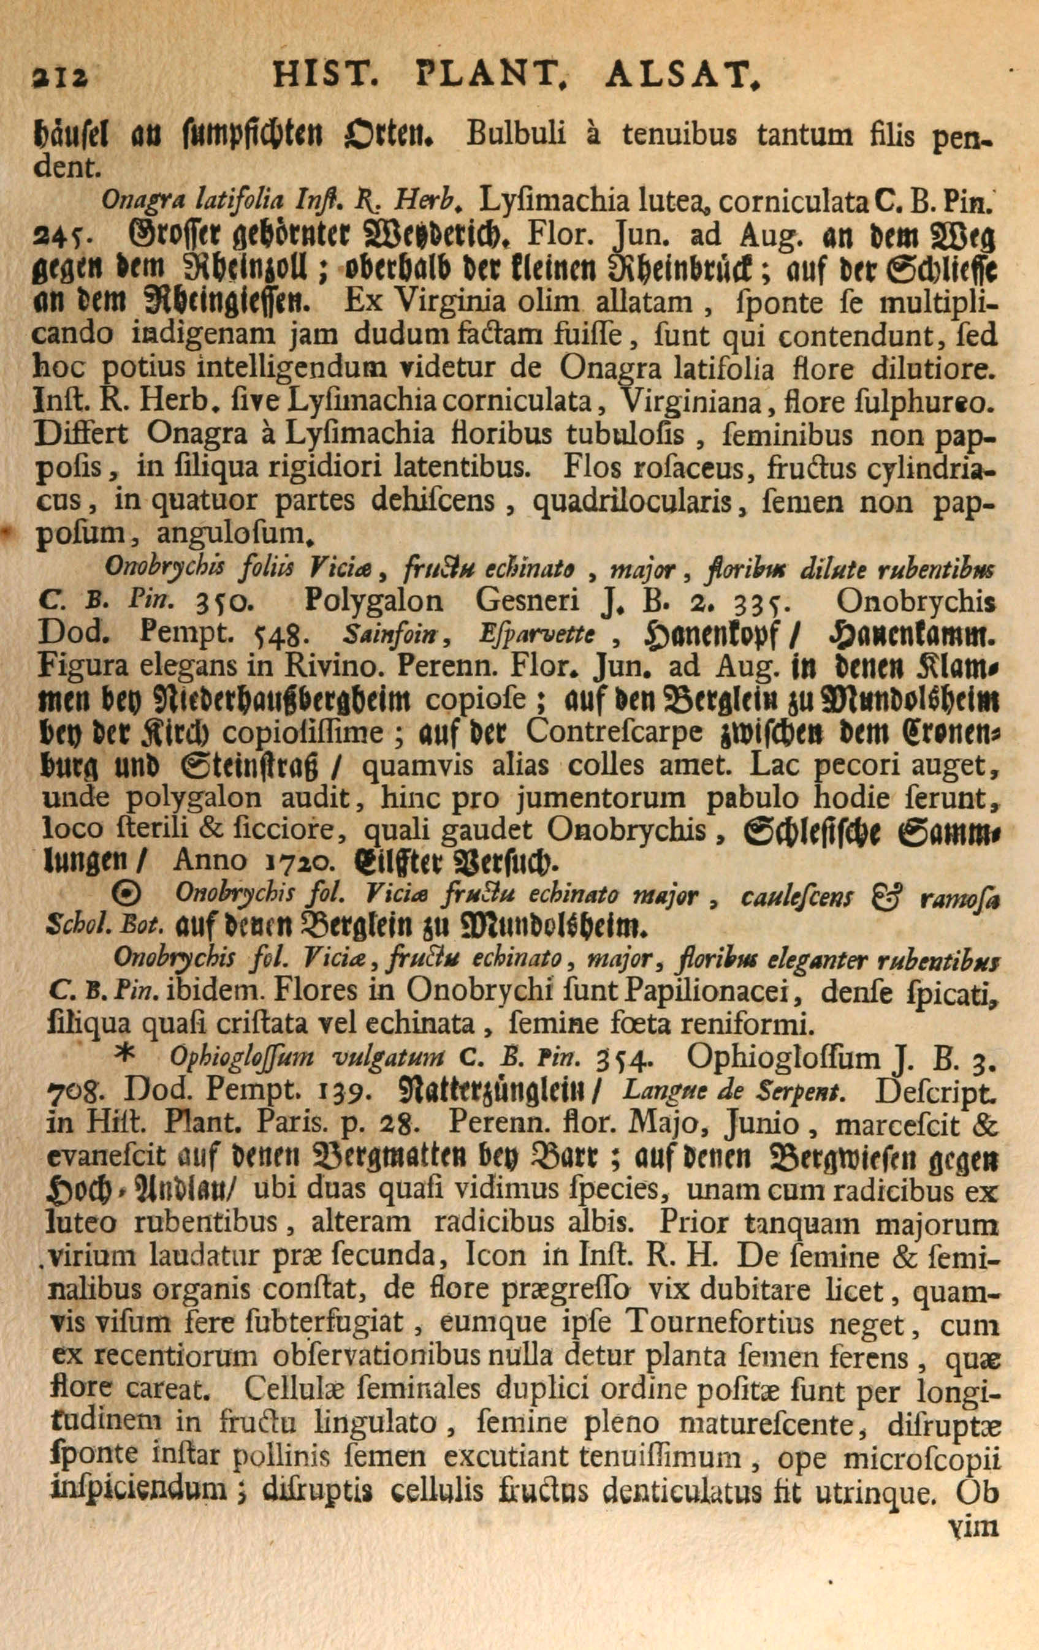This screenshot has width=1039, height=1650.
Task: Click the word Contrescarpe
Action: point(615,733)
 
